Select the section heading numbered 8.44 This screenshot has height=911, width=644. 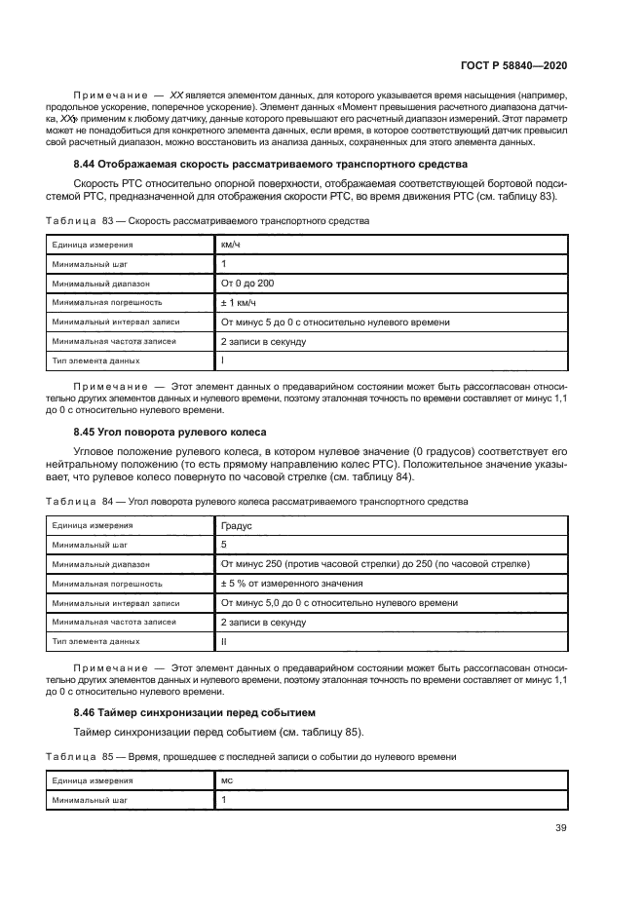click(271, 164)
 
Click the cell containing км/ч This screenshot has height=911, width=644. click(231, 246)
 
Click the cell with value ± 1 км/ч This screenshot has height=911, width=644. click(241, 303)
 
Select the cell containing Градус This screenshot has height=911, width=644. click(237, 525)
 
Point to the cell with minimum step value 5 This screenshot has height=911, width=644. click(224, 545)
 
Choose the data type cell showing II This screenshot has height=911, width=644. click(224, 641)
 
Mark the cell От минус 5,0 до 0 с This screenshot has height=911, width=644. click(339, 603)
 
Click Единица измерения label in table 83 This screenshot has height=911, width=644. click(94, 246)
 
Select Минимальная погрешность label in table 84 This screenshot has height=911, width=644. click(107, 584)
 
